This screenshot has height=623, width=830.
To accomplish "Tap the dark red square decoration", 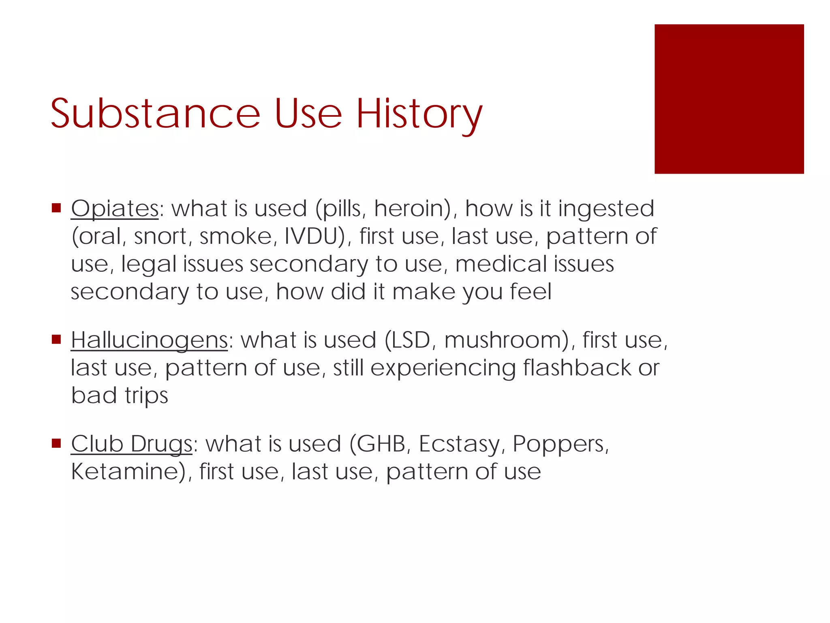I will [x=729, y=99].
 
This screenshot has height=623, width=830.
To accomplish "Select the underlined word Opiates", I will [x=115, y=209].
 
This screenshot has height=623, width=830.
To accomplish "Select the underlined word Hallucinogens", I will [x=149, y=340].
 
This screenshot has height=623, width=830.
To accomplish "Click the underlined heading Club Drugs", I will [x=131, y=444].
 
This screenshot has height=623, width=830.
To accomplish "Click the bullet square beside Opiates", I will [x=56, y=208].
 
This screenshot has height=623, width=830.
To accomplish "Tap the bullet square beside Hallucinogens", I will [x=56, y=339].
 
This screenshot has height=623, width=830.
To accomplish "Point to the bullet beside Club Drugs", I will [x=56, y=443].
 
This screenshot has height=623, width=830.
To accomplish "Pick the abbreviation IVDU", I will [x=311, y=236].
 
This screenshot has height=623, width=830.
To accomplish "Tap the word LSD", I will [x=407, y=340].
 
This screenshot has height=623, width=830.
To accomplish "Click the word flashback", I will [x=576, y=368].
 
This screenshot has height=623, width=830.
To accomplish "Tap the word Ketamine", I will [x=125, y=472].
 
